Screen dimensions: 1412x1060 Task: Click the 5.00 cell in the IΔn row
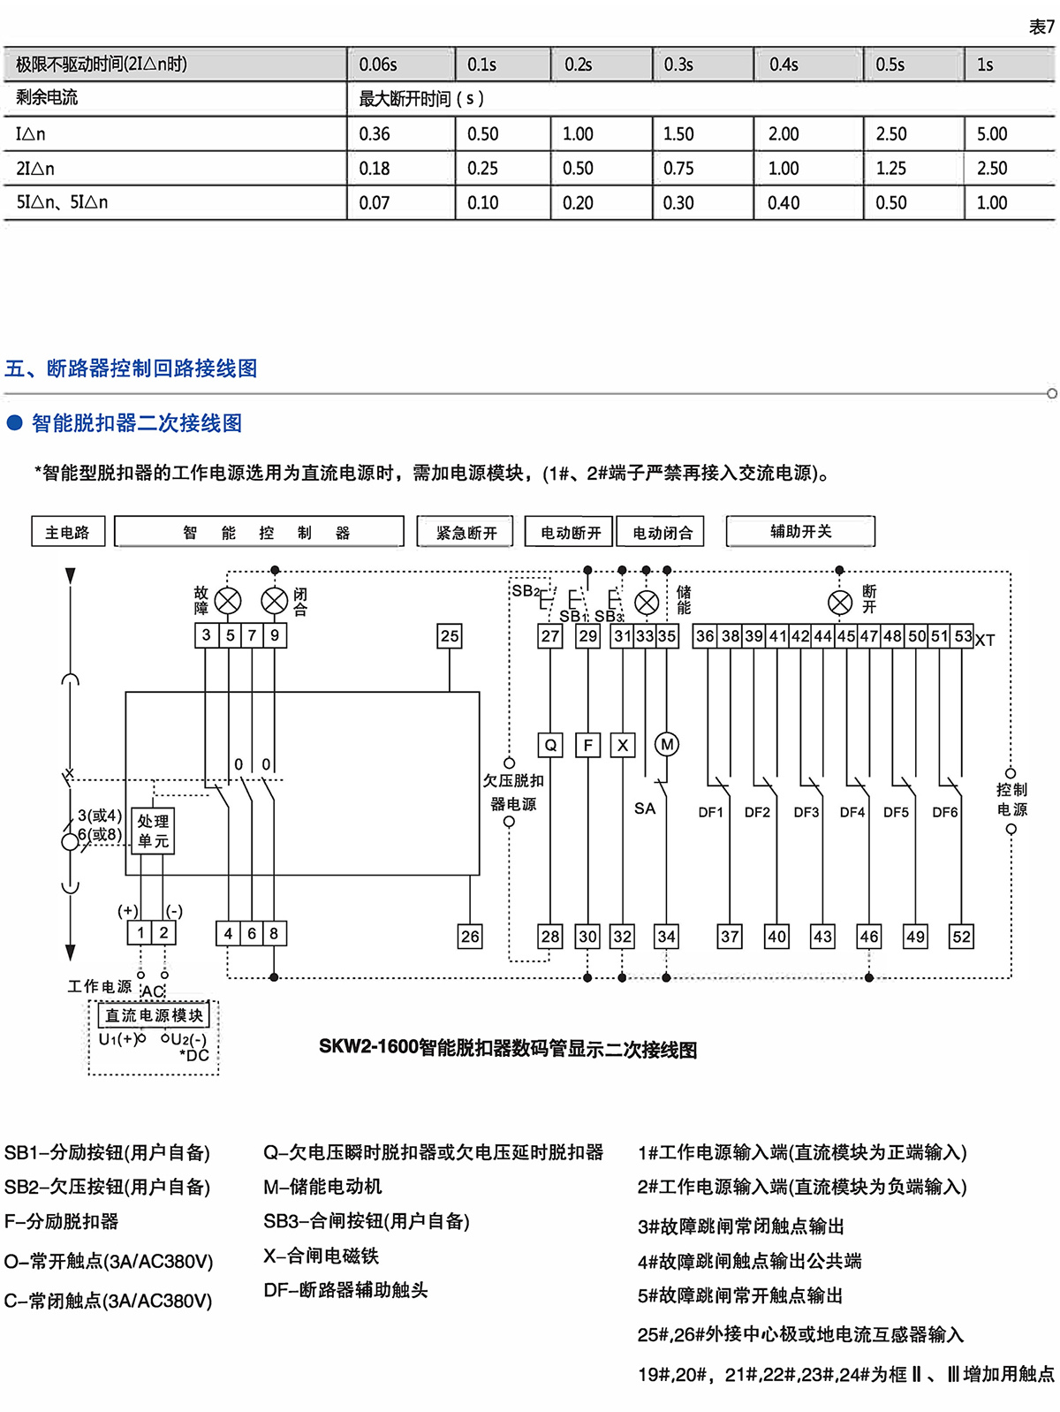[x=991, y=134]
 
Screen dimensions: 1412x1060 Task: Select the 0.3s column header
[x=678, y=65]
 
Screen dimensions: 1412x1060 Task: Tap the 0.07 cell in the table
[x=374, y=203]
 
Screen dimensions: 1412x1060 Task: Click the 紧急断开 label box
[x=466, y=532]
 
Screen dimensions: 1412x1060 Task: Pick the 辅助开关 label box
[x=800, y=531]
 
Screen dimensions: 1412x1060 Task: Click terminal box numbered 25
[x=450, y=635]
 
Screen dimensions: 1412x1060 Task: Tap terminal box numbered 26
[x=470, y=937]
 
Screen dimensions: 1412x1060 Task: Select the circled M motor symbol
[x=667, y=745]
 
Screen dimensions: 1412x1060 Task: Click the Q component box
[x=550, y=745]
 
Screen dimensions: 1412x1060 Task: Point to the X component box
[x=623, y=745]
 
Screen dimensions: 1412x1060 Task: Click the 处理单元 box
[x=153, y=831]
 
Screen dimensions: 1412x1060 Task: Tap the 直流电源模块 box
[x=155, y=1015]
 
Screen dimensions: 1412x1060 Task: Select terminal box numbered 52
[x=961, y=937]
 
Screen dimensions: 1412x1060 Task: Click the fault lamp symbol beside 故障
[x=228, y=601]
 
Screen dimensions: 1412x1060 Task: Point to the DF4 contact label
[x=852, y=812]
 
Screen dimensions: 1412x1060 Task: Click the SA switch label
[x=645, y=808]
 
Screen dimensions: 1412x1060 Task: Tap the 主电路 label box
[x=68, y=532]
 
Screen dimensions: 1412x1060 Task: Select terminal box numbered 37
[x=730, y=937]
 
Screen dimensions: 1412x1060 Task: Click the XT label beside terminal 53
[x=985, y=641]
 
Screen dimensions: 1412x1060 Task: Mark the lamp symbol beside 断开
[x=840, y=603]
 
